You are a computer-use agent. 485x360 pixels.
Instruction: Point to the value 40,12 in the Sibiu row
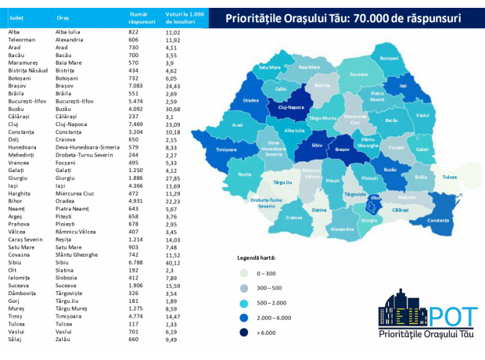point(172,263)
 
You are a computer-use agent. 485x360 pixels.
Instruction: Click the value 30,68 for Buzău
point(172,109)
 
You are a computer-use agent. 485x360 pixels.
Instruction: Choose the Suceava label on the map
point(359,74)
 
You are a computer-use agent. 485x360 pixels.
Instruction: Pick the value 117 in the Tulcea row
point(135,325)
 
